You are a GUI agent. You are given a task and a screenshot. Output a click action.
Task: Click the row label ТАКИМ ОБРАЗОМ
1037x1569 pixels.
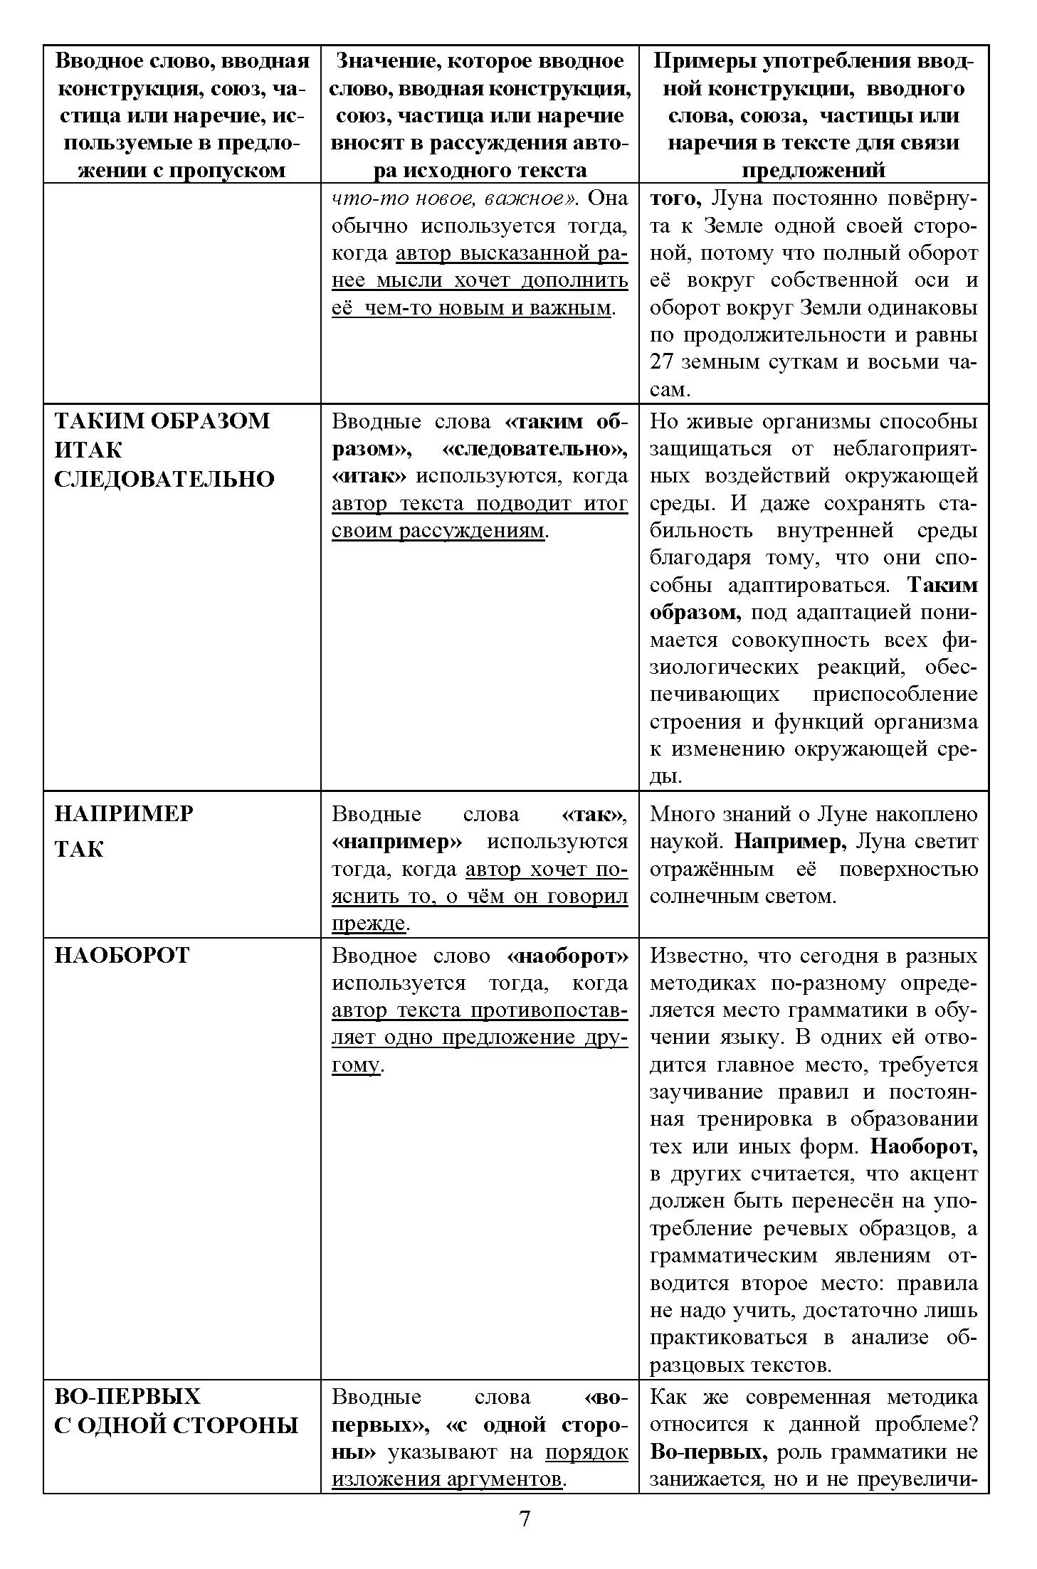click(162, 421)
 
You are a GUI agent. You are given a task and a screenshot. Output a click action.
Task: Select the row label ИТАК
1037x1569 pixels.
click(88, 450)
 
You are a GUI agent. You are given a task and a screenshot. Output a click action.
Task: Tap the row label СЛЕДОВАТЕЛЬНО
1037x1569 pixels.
click(164, 479)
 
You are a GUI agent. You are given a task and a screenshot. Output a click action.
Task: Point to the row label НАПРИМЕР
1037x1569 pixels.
click(124, 813)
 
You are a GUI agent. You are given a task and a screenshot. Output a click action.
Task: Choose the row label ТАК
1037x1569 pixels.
click(79, 849)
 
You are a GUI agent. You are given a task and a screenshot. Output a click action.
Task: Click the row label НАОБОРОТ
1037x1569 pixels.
click(122, 955)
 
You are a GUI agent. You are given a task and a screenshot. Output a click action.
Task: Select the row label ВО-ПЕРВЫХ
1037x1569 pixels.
click(128, 1397)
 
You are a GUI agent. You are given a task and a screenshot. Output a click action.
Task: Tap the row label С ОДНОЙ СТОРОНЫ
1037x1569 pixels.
click(176, 1425)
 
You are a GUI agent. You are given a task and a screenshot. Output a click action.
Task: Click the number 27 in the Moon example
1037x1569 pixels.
click(663, 362)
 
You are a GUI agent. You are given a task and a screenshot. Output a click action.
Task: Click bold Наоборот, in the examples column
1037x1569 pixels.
click(924, 1146)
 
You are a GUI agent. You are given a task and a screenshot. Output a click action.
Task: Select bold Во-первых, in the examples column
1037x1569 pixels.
click(708, 1452)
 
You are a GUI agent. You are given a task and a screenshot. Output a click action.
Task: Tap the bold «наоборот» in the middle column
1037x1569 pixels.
click(569, 956)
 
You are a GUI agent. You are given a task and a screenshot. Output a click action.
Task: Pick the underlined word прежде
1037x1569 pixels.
click(368, 924)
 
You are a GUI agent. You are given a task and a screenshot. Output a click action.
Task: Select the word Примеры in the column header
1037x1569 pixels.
click(705, 61)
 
